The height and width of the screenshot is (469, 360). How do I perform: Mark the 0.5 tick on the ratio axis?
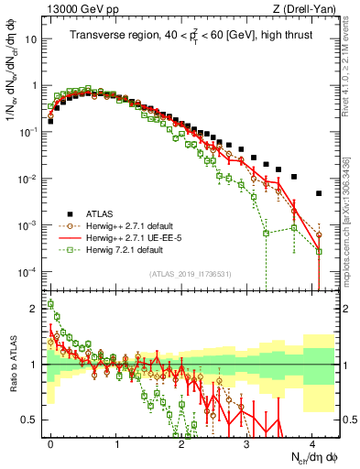point(34,420)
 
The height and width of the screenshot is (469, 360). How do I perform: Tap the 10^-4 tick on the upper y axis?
point(31,272)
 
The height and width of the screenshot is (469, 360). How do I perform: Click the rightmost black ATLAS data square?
point(319,193)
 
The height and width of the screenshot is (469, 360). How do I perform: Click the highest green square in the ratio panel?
point(50,303)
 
